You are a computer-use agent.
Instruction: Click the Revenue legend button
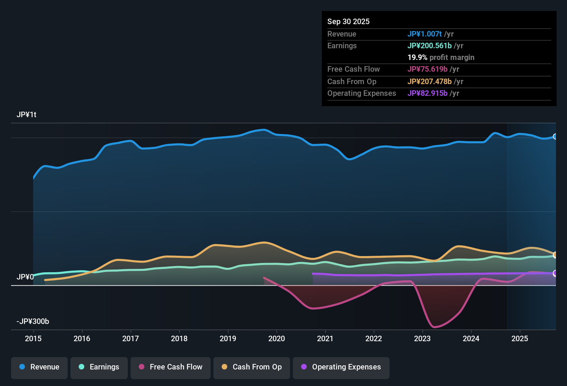tap(39, 367)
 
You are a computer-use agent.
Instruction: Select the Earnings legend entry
tap(99, 367)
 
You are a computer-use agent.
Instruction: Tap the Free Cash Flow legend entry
tap(171, 367)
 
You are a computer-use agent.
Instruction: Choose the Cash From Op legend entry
tap(252, 367)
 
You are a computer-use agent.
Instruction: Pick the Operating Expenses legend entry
tap(341, 367)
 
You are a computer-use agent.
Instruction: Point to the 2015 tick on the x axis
tap(33, 338)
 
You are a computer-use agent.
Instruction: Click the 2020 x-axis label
tap(277, 338)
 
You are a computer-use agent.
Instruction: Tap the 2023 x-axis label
tap(422, 338)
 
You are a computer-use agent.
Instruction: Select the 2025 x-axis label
tap(520, 338)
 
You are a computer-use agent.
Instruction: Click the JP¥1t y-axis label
tap(27, 115)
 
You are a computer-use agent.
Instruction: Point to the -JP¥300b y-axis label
tap(33, 322)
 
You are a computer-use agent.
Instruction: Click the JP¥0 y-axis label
tap(25, 277)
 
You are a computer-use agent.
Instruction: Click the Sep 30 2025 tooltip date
tap(348, 22)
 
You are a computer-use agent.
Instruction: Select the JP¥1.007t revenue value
tap(424, 34)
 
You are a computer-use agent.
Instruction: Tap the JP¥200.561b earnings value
tap(429, 46)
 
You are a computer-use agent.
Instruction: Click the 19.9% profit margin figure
tap(417, 58)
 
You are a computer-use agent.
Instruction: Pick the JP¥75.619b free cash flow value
tap(427, 69)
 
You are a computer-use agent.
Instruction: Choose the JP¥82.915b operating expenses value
tap(427, 93)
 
